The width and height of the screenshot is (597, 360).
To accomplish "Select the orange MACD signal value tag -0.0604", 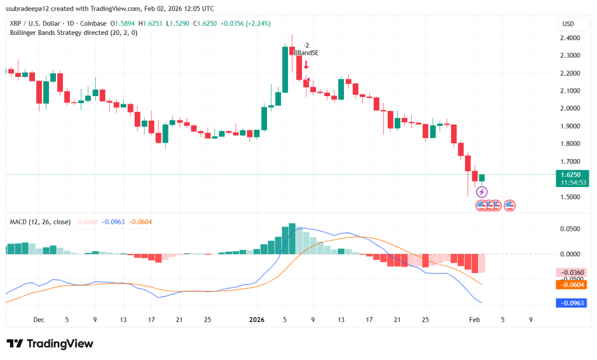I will pyautogui.click(x=573, y=284).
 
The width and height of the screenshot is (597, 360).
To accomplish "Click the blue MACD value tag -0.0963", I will pyautogui.click(x=573, y=303).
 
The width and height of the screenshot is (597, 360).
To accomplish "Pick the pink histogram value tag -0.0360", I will pyautogui.click(x=573, y=273).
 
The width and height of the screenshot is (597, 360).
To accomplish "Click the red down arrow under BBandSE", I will pyautogui.click(x=305, y=65).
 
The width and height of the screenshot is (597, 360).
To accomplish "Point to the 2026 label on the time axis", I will pyautogui.click(x=257, y=319).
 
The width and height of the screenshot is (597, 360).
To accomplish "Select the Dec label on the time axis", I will pyautogui.click(x=38, y=319).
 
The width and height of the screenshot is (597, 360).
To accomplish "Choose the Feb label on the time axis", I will pyautogui.click(x=474, y=319).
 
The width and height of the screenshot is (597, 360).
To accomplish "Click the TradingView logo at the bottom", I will pyautogui.click(x=50, y=344).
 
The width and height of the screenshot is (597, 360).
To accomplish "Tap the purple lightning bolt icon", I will pyautogui.click(x=482, y=192).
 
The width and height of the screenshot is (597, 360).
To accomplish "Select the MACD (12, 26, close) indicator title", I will pyautogui.click(x=40, y=222).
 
